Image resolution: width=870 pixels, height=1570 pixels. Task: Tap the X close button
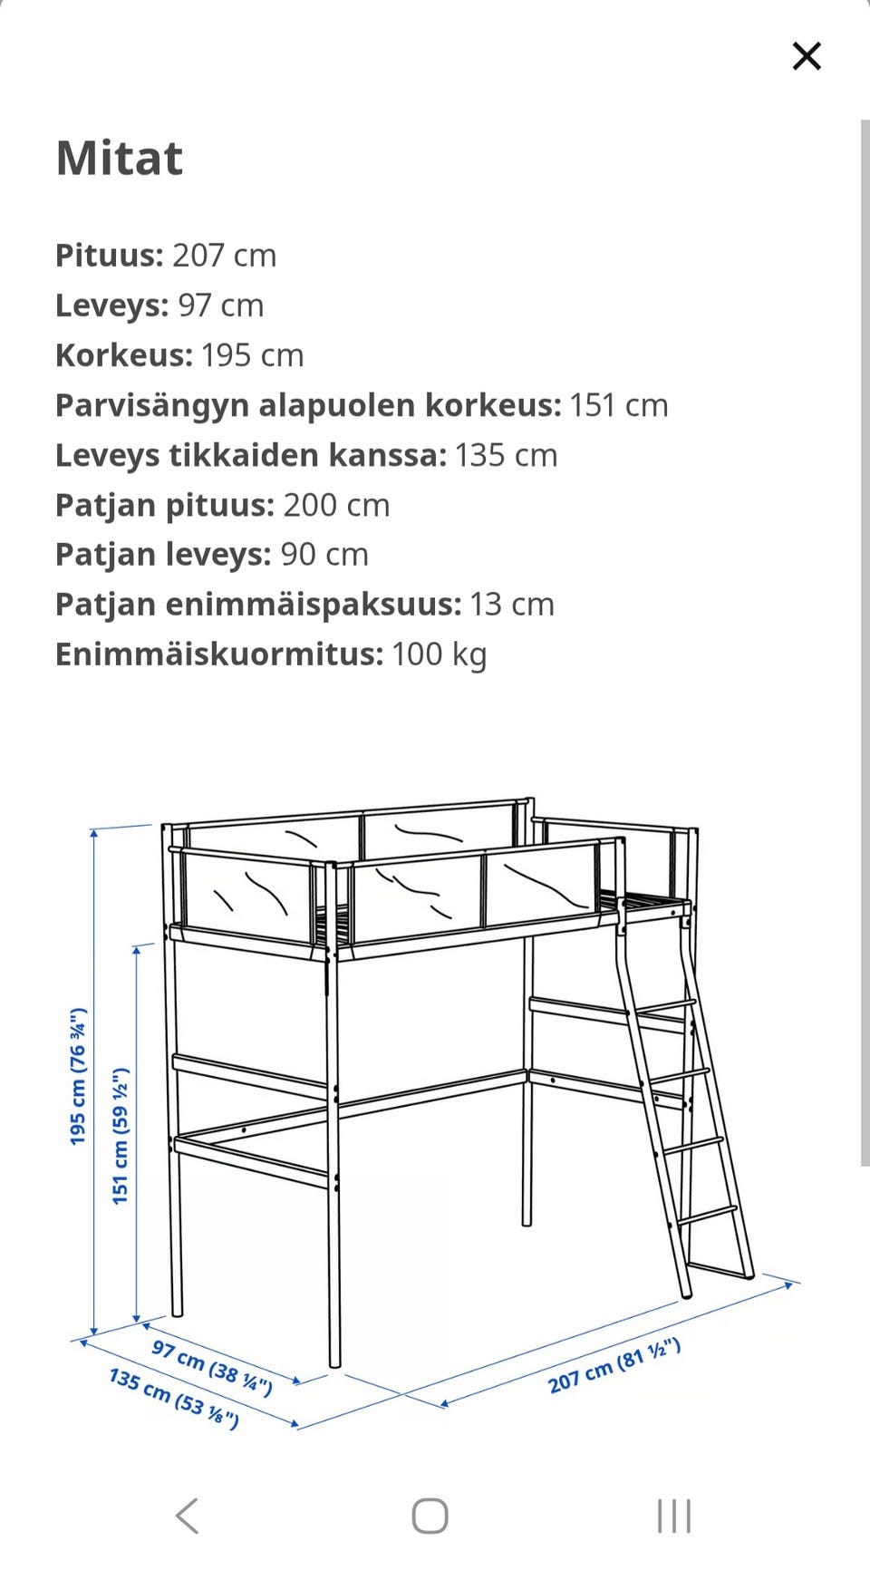tap(806, 56)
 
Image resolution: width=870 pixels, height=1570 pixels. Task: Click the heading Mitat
tap(120, 159)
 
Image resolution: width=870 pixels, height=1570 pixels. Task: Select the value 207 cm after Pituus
tap(224, 256)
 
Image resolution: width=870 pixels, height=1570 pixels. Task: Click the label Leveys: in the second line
tap(111, 305)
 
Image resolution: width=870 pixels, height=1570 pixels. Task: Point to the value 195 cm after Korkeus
tap(252, 355)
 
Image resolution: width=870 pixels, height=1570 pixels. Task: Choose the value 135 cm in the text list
tap(506, 455)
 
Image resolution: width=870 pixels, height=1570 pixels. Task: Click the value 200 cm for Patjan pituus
tap(336, 505)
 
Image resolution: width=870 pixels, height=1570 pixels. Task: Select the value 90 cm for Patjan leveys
tap(324, 555)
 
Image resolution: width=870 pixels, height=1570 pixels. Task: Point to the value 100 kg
tap(440, 654)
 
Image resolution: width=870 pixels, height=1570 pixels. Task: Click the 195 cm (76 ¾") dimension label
tap(79, 1076)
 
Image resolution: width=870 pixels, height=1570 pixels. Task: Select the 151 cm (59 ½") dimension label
tap(121, 1136)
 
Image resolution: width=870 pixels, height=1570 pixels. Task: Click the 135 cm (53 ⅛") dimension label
tap(174, 1398)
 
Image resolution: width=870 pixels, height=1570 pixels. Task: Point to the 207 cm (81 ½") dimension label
tap(614, 1365)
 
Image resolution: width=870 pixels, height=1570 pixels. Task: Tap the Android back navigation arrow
tap(188, 1516)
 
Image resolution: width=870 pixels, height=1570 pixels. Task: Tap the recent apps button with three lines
tap(674, 1516)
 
